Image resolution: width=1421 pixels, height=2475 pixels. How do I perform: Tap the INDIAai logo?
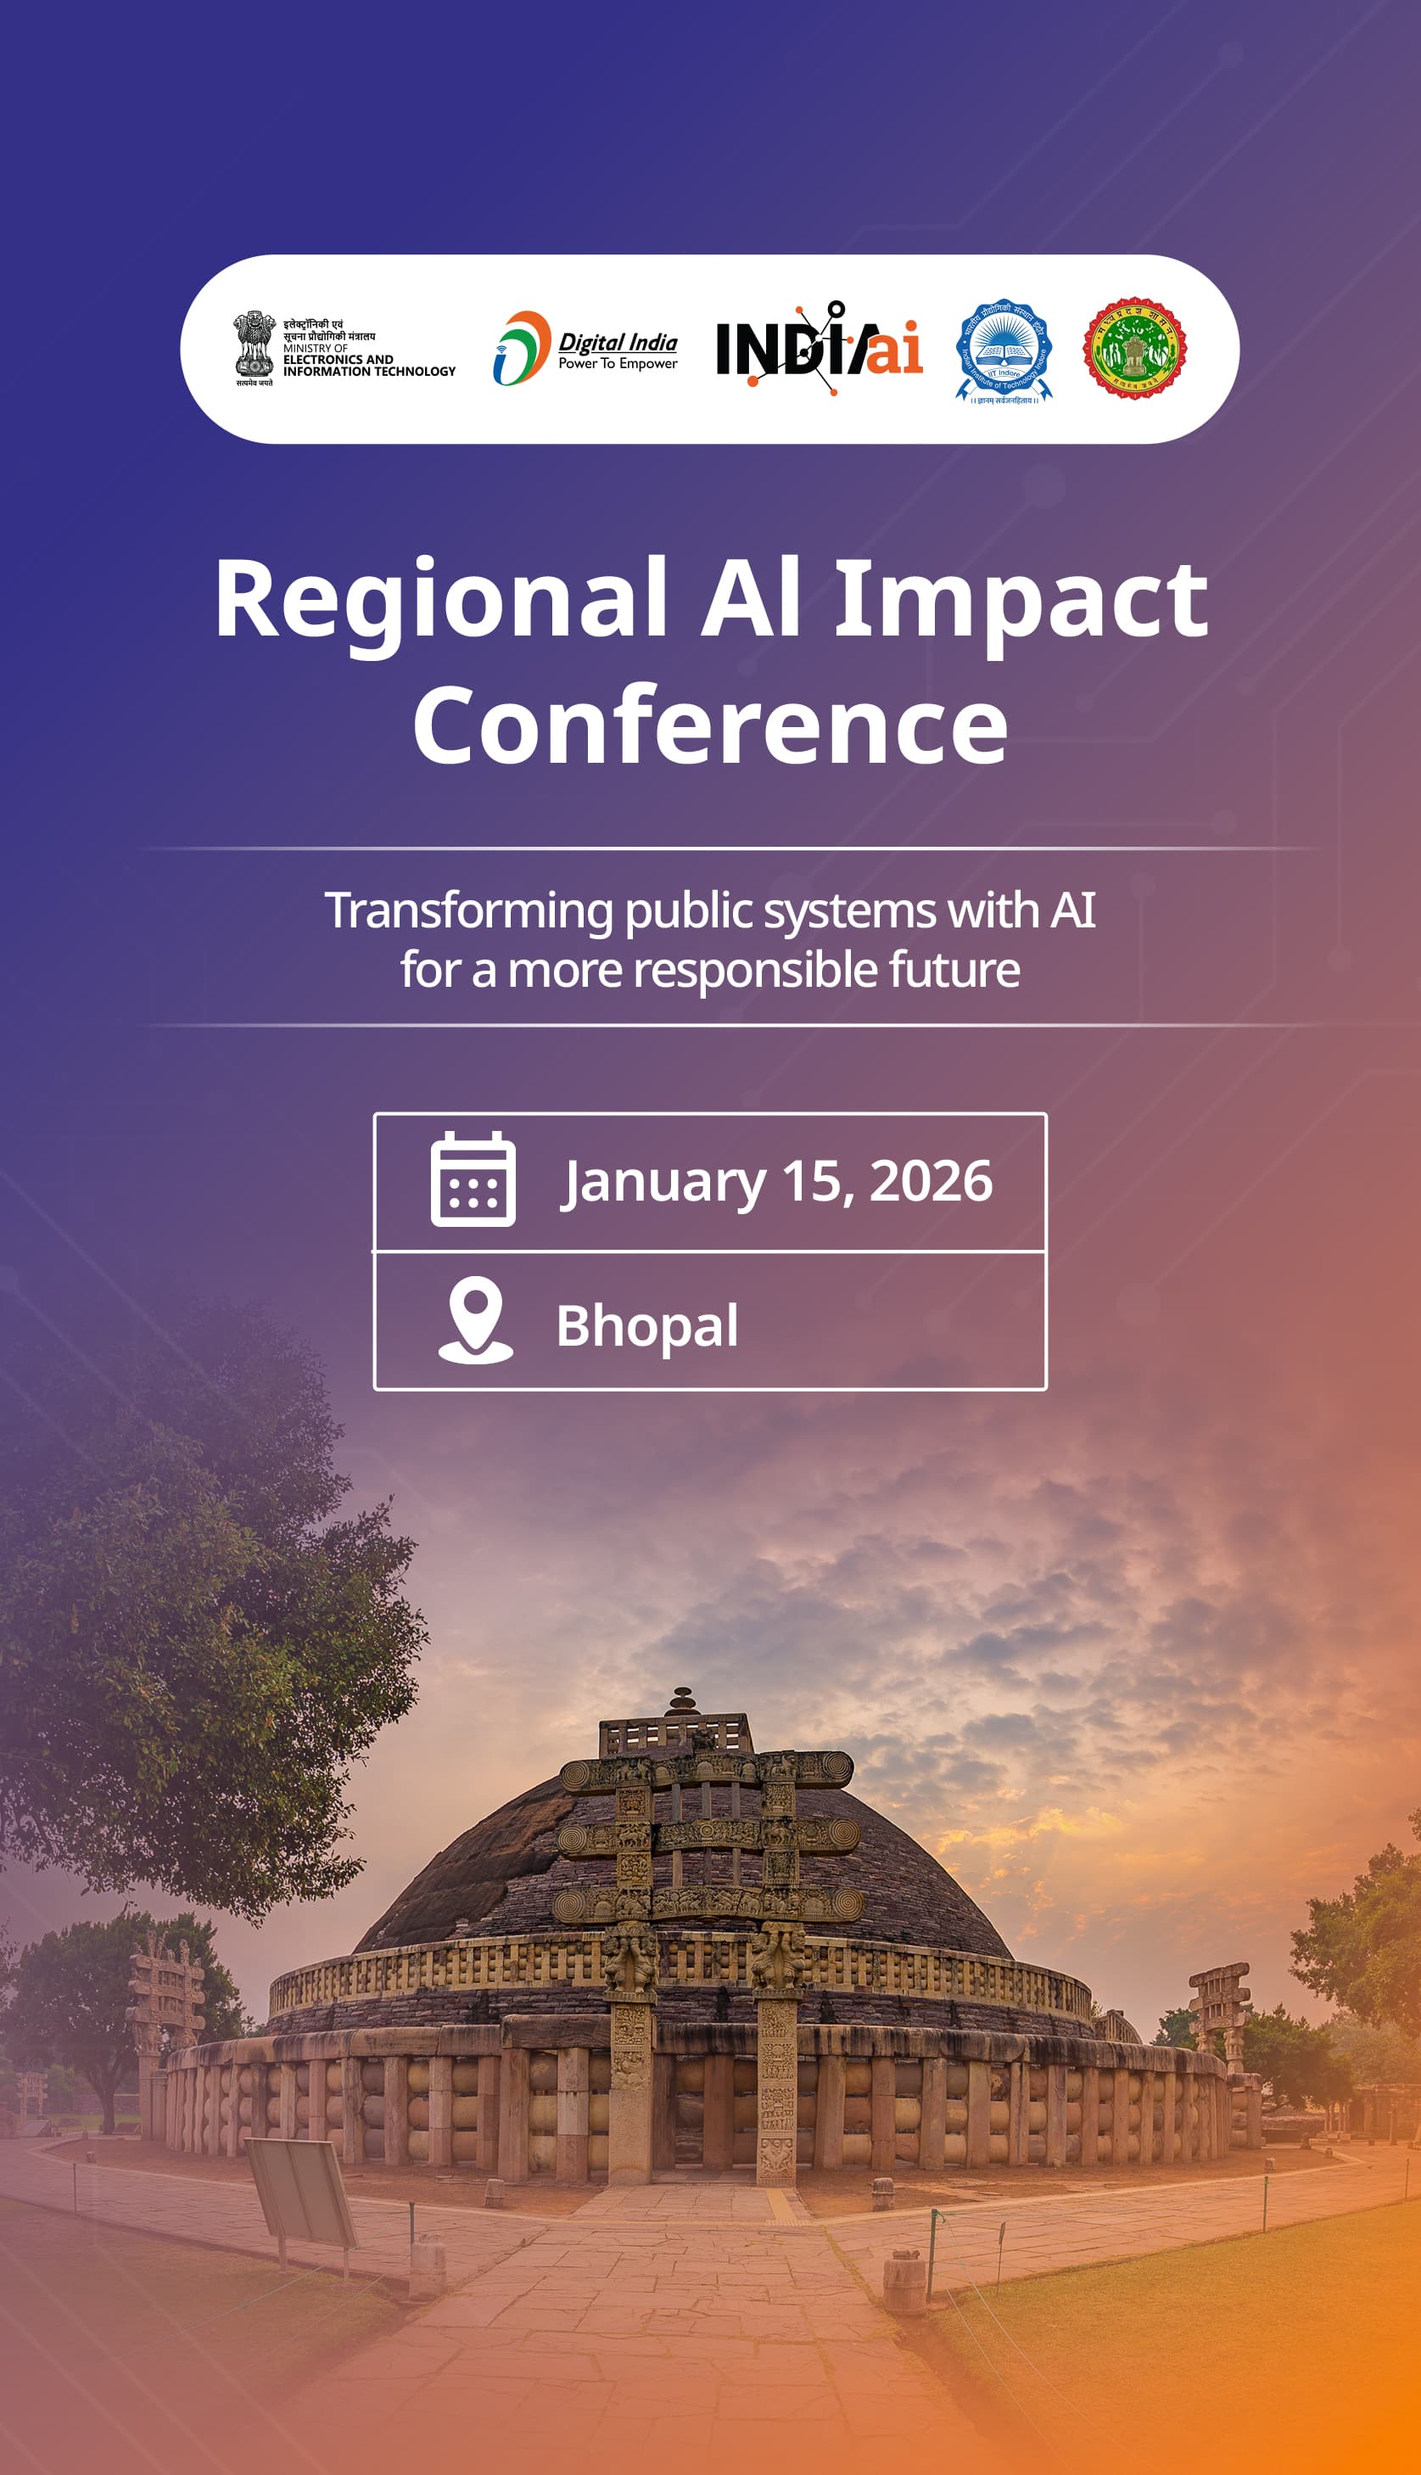(819, 349)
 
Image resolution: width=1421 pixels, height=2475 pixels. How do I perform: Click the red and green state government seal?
(1134, 349)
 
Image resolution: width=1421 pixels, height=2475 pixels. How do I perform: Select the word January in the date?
(663, 1183)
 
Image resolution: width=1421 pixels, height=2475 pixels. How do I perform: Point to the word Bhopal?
(647, 1325)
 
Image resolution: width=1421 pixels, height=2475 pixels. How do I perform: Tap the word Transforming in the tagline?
(468, 910)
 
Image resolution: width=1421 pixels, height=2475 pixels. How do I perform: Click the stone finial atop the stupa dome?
(682, 1701)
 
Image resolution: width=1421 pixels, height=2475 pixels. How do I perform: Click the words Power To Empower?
(618, 363)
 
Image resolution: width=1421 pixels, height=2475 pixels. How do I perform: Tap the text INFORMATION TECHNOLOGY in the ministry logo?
(369, 371)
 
